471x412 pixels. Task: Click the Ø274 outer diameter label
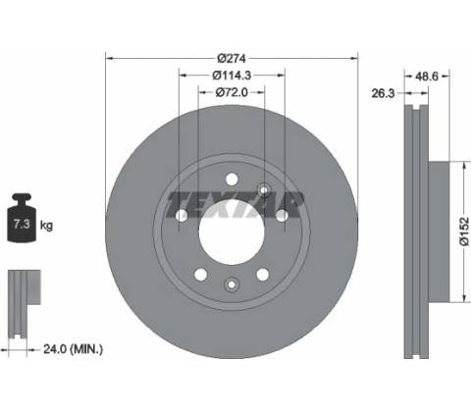pos(232,59)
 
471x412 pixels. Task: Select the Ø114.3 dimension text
pos(232,76)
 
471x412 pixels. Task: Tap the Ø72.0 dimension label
pos(232,92)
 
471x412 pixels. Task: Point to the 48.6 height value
pos(427,77)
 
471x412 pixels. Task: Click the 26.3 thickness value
pos(383,93)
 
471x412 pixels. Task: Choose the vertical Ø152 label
pos(464,232)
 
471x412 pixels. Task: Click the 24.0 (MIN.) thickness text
pos(73,349)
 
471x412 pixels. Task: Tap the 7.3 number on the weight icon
pos(22,224)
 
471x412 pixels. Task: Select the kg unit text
pos(46,226)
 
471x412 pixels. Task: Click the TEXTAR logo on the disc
pos(235,205)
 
